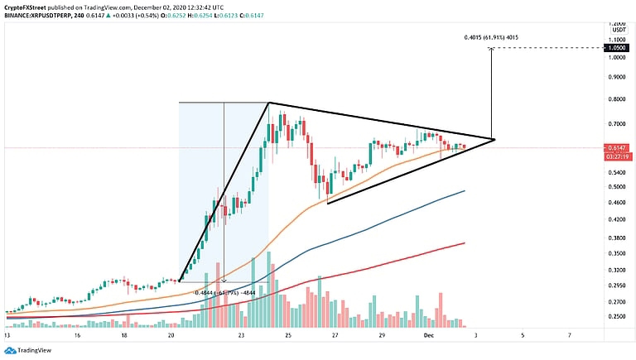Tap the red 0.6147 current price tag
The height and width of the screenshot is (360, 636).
click(x=614, y=147)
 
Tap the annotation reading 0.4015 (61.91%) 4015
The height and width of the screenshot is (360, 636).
click(x=492, y=38)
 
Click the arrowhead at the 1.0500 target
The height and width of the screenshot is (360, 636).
click(x=492, y=50)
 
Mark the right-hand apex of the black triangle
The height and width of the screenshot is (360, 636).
click(x=494, y=139)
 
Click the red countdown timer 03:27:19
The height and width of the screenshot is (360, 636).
click(x=614, y=155)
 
